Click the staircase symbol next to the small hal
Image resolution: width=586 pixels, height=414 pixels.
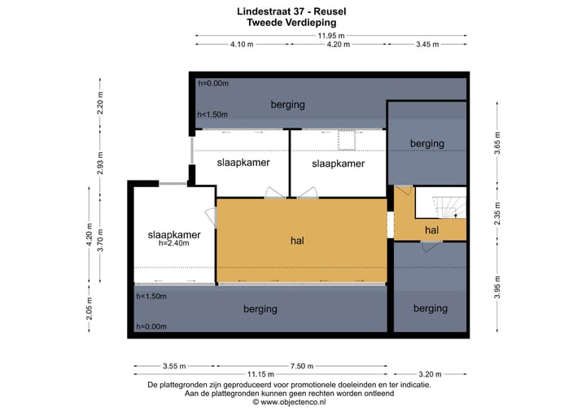pos(450,207)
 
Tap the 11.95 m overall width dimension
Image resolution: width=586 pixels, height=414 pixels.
pos(331,36)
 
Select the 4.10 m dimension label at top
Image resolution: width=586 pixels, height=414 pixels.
pos(242,45)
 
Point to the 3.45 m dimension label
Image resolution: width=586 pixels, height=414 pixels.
pos(427,45)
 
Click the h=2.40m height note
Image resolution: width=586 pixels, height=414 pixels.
pos(174,244)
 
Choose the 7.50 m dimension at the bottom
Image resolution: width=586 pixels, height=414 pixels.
pos(302,366)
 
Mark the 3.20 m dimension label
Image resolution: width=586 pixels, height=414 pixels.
pos(430,374)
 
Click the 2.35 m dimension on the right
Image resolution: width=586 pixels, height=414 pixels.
pos(497,213)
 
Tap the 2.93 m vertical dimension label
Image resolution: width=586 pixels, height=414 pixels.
pos(100,163)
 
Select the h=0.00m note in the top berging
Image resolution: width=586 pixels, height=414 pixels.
pos(213,83)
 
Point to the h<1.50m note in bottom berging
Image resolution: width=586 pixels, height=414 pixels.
pos(151,296)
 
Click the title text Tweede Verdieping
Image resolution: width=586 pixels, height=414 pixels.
pos(291,23)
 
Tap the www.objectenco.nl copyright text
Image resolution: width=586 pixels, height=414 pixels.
pos(289,402)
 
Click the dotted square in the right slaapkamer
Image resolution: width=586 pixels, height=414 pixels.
pos(347,140)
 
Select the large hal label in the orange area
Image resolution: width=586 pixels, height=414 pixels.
pos(297,241)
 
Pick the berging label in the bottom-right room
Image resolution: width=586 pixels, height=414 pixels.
pos(431,308)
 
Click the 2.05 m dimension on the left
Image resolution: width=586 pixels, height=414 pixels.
pos(89,309)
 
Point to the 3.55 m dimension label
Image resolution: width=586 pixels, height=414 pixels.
pos(174,366)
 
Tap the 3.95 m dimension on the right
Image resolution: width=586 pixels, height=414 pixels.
pos(497,287)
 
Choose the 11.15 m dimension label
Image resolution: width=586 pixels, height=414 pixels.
pos(260,374)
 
